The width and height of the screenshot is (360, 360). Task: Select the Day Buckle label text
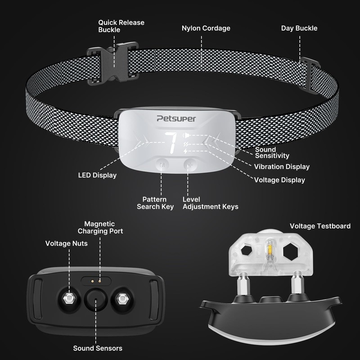coord(299,28)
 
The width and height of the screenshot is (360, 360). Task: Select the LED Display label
coord(97,175)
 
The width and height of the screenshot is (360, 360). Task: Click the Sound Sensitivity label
coord(272,153)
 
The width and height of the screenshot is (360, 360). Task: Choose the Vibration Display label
coord(282,166)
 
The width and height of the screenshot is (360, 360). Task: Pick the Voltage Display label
coord(279,180)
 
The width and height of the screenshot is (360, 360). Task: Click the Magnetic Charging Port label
coord(100,227)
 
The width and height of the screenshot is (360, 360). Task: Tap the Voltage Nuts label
coord(67,243)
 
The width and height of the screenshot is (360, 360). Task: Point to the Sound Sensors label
coord(98,348)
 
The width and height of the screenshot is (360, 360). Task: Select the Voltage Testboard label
coord(320,226)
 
